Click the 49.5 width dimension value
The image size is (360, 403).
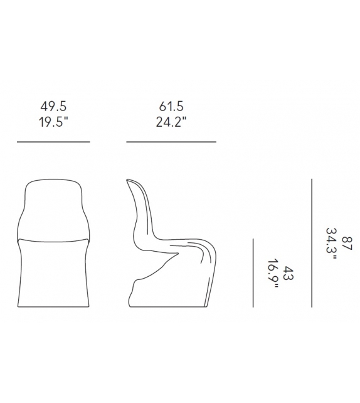[x=53, y=107]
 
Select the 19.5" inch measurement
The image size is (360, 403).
[x=54, y=122]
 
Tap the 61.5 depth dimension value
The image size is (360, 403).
[x=171, y=107]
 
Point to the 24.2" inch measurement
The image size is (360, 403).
[x=171, y=122]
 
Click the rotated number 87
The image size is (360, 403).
[x=347, y=243]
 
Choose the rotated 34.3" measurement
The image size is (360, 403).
[x=331, y=244]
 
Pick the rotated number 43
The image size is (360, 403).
[x=288, y=273]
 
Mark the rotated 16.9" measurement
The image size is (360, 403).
[x=273, y=274]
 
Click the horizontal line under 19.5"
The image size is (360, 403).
[x=53, y=142]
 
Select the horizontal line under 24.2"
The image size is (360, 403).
[x=171, y=142]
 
